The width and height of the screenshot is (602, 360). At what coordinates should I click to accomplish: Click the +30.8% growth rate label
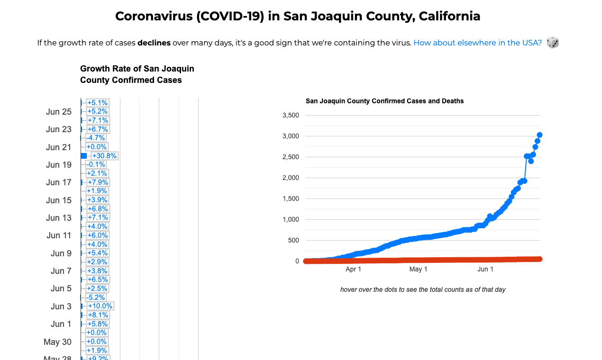point(104,156)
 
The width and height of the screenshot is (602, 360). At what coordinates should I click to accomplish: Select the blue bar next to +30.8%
point(84,156)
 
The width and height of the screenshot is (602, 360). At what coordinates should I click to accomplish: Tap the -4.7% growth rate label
point(96,138)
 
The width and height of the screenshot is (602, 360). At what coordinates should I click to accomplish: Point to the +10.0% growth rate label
point(100,306)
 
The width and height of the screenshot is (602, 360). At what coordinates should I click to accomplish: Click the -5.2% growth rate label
point(96,297)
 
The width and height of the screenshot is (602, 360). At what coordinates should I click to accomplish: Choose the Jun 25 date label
point(59,112)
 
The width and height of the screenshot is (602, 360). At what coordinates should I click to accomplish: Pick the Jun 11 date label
point(59,235)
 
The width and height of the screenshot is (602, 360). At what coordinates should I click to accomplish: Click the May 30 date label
point(57,342)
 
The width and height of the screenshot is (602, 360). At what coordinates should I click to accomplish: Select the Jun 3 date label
point(61,306)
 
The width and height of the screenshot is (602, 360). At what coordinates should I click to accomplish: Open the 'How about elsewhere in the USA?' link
point(477,43)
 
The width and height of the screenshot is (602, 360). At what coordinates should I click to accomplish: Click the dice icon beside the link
point(553,43)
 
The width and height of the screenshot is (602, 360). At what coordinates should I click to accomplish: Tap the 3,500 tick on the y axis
point(291,116)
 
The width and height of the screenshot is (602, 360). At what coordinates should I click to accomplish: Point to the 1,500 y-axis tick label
point(291,198)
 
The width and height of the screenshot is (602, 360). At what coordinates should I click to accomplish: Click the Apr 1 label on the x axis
point(353,269)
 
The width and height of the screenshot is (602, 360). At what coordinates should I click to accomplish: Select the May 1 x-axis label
point(418,269)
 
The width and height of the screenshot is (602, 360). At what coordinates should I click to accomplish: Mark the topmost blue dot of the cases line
point(539,135)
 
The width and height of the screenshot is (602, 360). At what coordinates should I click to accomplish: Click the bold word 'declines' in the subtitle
point(154,43)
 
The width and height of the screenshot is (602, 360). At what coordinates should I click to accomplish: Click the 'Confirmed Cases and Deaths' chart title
point(384,101)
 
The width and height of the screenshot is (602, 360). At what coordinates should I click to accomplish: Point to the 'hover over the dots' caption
point(423,289)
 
